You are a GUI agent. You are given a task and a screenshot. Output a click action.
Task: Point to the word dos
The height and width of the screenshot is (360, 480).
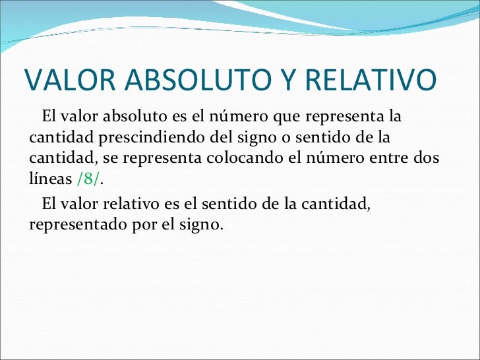[427, 160]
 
